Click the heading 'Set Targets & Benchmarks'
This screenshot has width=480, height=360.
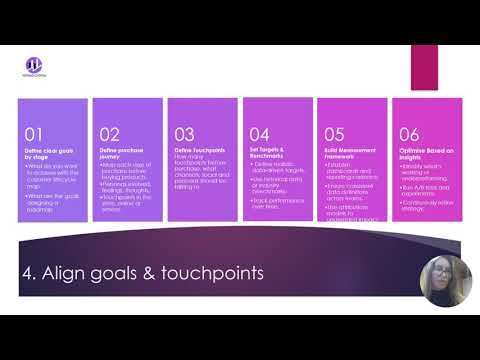click(x=267, y=152)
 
